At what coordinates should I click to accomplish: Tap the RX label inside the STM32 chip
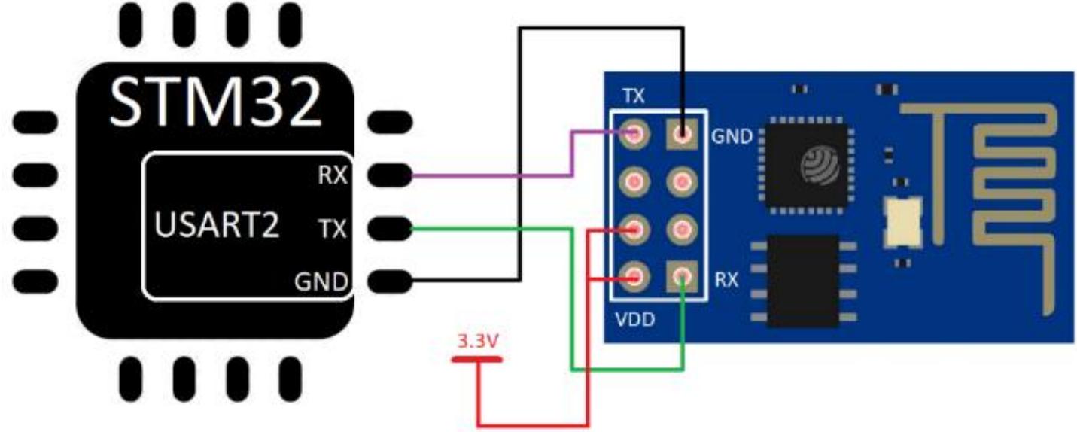tap(330, 176)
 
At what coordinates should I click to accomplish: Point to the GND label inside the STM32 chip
tap(321, 283)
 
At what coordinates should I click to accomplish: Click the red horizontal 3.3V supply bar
tap(477, 359)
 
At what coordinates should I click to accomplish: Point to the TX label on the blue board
tap(633, 97)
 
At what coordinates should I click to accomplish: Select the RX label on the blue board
tap(726, 280)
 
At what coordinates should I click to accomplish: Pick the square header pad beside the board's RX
tap(683, 276)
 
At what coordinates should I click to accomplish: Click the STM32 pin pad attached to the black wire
tap(391, 281)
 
